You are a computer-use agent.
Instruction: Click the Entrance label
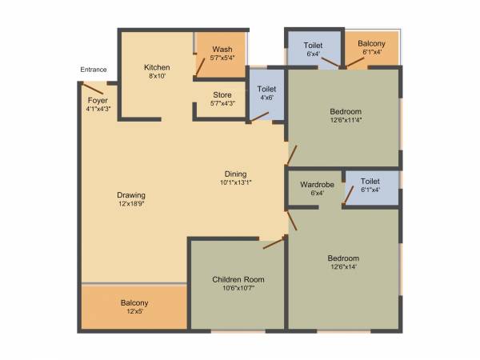(93, 70)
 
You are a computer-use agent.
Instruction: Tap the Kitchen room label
(157, 67)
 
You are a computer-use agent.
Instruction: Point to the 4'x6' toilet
(266, 93)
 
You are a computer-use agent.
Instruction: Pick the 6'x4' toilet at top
(314, 50)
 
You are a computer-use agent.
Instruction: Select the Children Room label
(238, 279)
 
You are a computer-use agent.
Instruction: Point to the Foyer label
(98, 102)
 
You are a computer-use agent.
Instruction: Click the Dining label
(235, 174)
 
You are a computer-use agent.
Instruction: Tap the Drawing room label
(130, 195)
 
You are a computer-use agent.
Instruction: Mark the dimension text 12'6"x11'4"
(344, 121)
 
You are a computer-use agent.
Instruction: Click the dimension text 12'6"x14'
(342, 268)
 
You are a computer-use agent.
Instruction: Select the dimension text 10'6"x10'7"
(238, 289)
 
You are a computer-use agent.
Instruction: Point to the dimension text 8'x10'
(157, 77)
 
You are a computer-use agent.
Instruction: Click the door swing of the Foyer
(94, 88)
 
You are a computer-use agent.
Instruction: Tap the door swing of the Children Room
(274, 242)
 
